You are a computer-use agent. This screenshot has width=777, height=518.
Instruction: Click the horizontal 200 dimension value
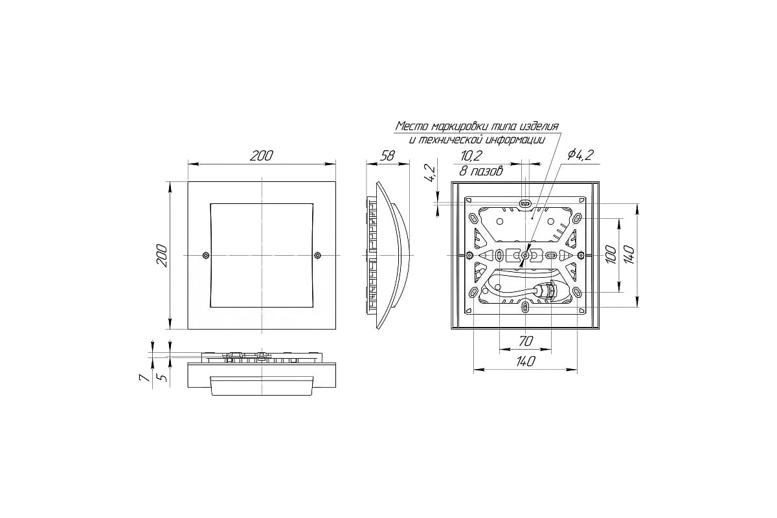[x=261, y=156]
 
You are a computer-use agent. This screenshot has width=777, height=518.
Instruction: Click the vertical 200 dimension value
[x=162, y=255]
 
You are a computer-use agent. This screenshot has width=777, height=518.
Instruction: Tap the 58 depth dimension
[x=387, y=156]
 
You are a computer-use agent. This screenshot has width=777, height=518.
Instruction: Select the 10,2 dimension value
[x=471, y=156]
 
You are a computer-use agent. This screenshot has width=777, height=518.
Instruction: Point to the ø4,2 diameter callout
[x=581, y=155]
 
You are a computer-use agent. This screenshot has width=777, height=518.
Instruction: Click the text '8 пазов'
[x=480, y=171]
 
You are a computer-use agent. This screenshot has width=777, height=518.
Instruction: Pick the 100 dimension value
[x=611, y=254]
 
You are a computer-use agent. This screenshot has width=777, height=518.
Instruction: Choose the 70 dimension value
[x=526, y=341]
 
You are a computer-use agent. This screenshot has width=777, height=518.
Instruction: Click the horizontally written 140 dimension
[x=526, y=361]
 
